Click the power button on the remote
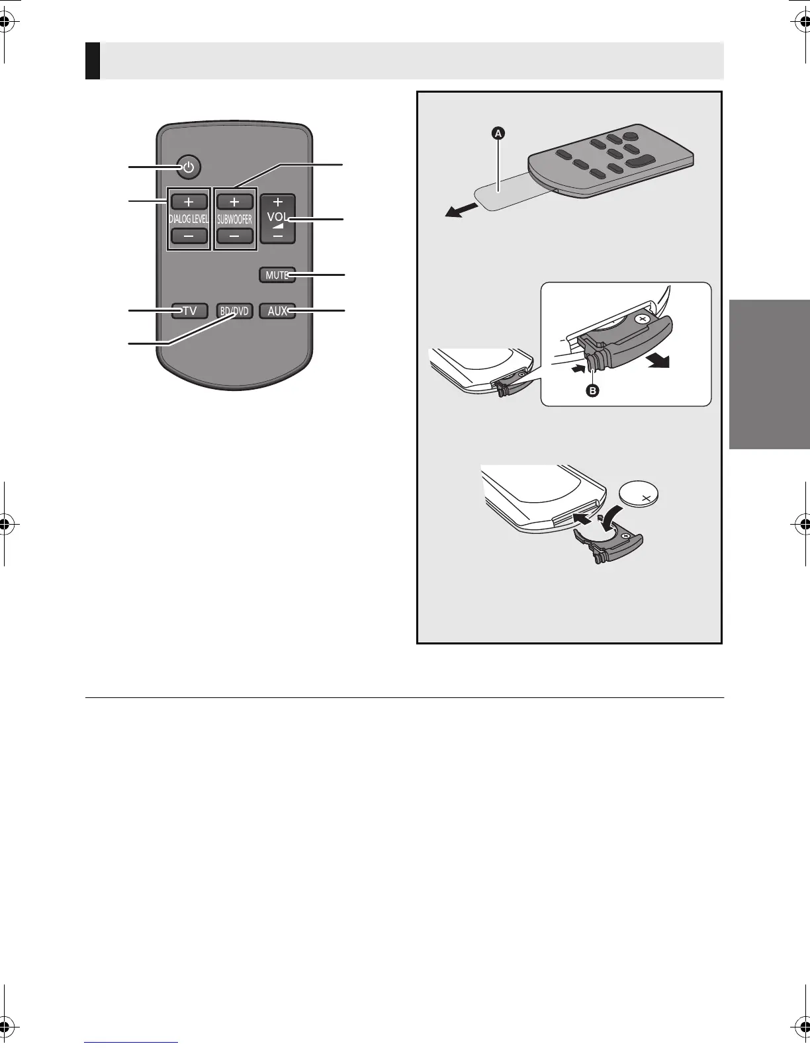tap(189, 167)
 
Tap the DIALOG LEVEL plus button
tap(189, 201)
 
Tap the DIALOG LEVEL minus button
tap(189, 236)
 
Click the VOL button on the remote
tap(277, 219)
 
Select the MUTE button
tap(277, 275)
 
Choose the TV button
tap(189, 310)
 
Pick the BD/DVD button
tap(234, 310)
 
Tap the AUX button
tap(277, 310)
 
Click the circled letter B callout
tap(593, 390)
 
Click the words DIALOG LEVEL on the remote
tap(189, 219)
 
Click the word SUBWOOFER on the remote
tap(234, 219)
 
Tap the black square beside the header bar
tap(93, 61)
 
